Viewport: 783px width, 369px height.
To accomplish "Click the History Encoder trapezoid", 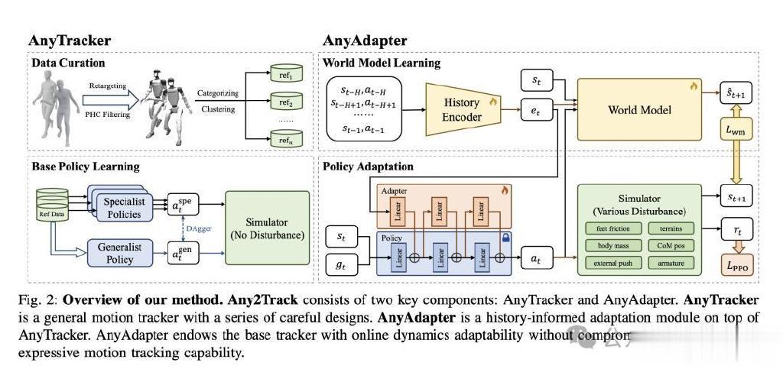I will [462, 109].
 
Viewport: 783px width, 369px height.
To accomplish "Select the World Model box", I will [638, 110].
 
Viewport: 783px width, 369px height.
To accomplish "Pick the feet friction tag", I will [609, 228].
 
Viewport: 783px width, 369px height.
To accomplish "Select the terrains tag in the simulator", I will [671, 228].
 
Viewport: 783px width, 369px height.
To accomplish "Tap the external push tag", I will [609, 264].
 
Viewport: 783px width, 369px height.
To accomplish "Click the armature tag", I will [671, 264].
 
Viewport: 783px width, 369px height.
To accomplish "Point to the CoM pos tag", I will [671, 246].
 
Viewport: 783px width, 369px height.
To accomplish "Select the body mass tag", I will [609, 246].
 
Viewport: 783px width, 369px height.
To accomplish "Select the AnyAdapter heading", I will [365, 40].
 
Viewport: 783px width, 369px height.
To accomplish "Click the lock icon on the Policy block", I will [504, 238].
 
